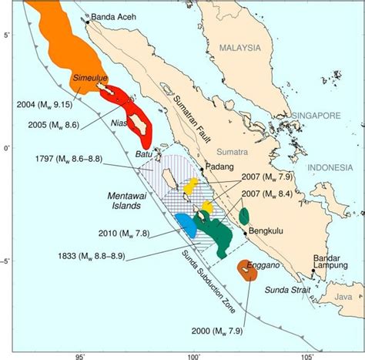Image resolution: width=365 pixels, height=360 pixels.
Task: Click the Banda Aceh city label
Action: coord(113,16)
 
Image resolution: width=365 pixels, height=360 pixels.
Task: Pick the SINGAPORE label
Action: coord(316,115)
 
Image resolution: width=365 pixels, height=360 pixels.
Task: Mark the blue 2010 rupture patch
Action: coord(186,224)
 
